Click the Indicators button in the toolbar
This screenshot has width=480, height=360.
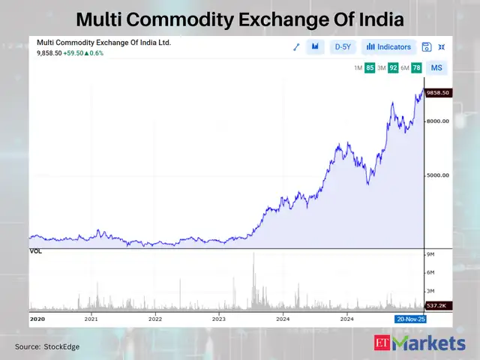click(388, 46)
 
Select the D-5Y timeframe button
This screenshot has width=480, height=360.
click(343, 46)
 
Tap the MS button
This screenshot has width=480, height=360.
click(436, 68)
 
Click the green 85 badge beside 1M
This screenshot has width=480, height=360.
click(370, 68)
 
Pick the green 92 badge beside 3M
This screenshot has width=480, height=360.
click(393, 68)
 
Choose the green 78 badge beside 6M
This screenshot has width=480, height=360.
click(416, 68)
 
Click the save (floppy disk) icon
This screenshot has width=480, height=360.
click(427, 46)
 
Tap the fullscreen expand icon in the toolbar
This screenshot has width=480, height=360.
click(441, 46)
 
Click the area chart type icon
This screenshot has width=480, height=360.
click(316, 46)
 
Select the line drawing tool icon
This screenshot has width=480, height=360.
click(296, 46)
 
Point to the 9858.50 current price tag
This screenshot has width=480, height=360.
click(436, 93)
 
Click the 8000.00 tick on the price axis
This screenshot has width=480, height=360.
click(437, 121)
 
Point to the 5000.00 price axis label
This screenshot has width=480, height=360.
click(437, 175)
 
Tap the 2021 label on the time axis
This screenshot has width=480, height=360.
click(91, 319)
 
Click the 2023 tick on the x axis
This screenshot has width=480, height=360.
click(219, 319)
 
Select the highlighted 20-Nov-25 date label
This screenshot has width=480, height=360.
click(410, 319)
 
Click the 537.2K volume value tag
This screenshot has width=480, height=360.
click(436, 306)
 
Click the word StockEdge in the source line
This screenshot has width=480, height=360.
click(61, 346)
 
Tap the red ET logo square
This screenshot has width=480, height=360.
click(382, 343)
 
